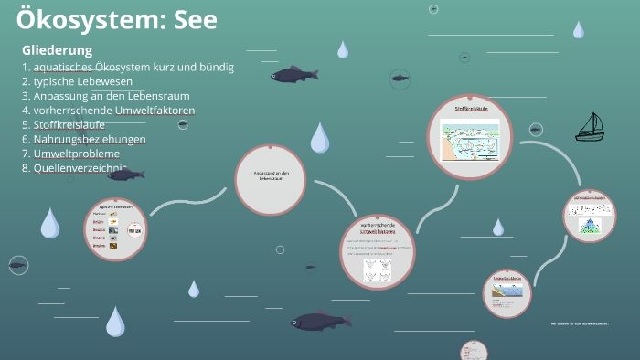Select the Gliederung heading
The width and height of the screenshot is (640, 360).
57,49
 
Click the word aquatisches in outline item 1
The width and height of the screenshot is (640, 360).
65,67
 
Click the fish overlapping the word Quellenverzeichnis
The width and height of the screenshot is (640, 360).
124,174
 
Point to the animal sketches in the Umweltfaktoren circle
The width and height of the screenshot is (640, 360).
379,270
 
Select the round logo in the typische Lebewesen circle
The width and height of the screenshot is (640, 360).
134,232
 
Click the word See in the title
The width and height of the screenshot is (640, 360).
193,19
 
